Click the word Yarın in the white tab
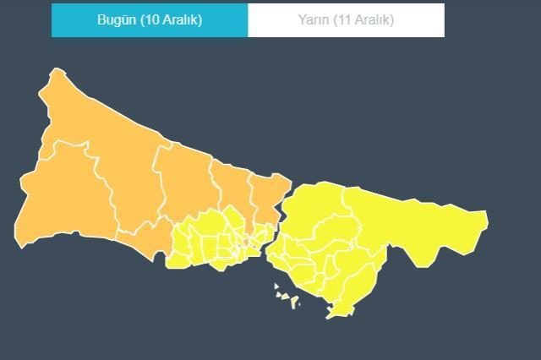click(314, 19)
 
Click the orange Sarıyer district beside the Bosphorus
click(266, 194)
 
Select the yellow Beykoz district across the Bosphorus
click(313, 203)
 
